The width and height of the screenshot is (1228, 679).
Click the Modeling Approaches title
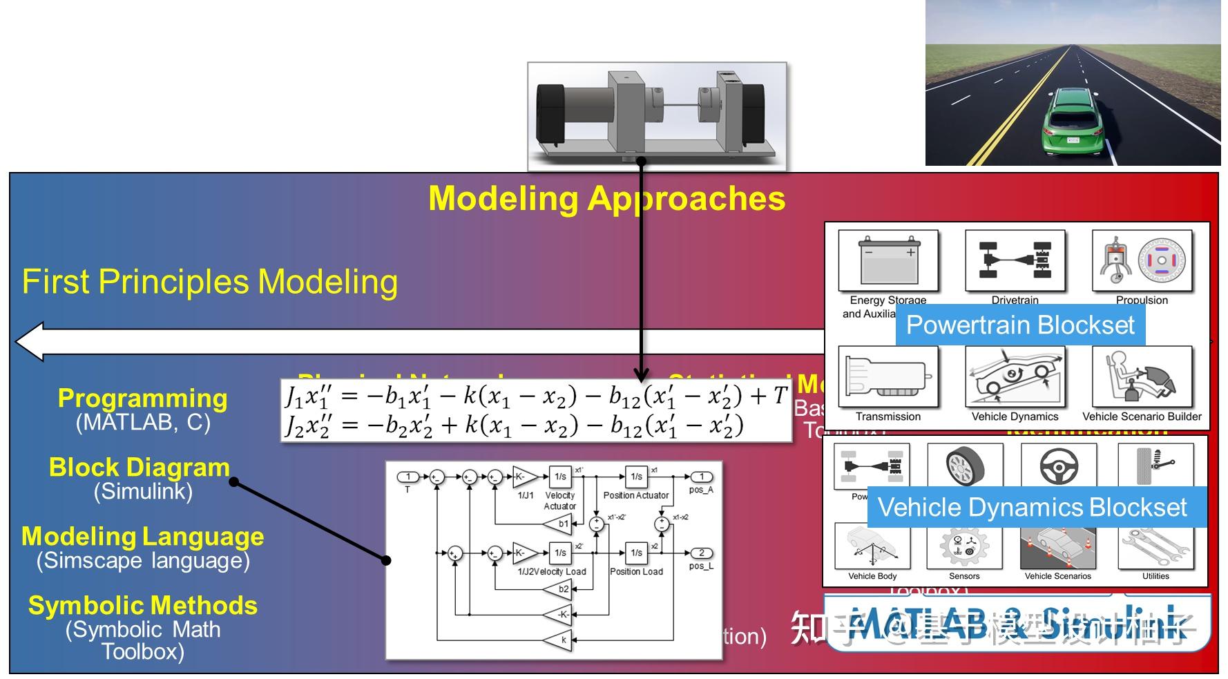click(x=606, y=198)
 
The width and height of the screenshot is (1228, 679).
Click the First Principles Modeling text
click(x=210, y=282)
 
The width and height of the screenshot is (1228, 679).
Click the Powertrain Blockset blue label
click(x=1020, y=325)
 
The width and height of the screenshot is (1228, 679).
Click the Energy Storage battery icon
click(x=888, y=261)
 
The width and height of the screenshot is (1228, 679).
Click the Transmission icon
click(x=888, y=377)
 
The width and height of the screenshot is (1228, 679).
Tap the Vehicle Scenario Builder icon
click(x=1142, y=377)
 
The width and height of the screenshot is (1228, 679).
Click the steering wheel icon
click(x=1059, y=466)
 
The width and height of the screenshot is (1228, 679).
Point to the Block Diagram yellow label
click(x=139, y=468)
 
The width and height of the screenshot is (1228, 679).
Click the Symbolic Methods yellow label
click(x=143, y=606)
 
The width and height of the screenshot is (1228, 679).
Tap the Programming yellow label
click(x=142, y=399)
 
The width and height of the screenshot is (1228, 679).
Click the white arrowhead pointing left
click(x=31, y=341)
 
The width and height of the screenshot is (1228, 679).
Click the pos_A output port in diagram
click(x=702, y=477)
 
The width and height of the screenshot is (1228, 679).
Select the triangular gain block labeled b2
click(x=561, y=589)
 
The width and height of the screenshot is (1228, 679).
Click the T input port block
click(x=407, y=477)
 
